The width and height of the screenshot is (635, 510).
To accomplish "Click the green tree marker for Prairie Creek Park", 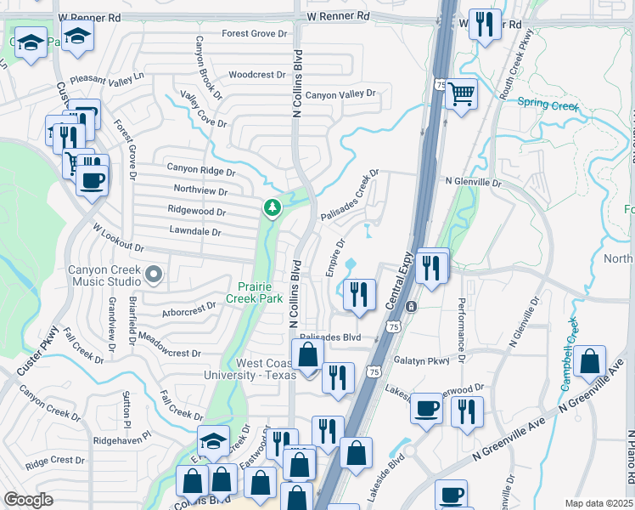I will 272,207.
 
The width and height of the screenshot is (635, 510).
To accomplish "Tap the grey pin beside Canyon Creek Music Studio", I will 154,274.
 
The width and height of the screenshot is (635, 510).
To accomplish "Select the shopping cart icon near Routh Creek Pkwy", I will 461,93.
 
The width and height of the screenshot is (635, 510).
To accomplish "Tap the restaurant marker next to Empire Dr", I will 359,294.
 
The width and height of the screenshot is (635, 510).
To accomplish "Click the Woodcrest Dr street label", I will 257,75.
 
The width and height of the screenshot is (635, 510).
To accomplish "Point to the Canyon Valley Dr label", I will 340,94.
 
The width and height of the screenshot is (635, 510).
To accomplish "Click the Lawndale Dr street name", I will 195,231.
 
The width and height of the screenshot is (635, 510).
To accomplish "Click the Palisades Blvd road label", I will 330,337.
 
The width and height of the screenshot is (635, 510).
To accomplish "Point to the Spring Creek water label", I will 548,107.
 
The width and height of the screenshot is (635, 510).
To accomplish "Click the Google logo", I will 28,500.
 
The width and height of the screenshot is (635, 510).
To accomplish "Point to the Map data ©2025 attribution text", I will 598,503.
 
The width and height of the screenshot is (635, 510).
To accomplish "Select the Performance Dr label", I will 463,327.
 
